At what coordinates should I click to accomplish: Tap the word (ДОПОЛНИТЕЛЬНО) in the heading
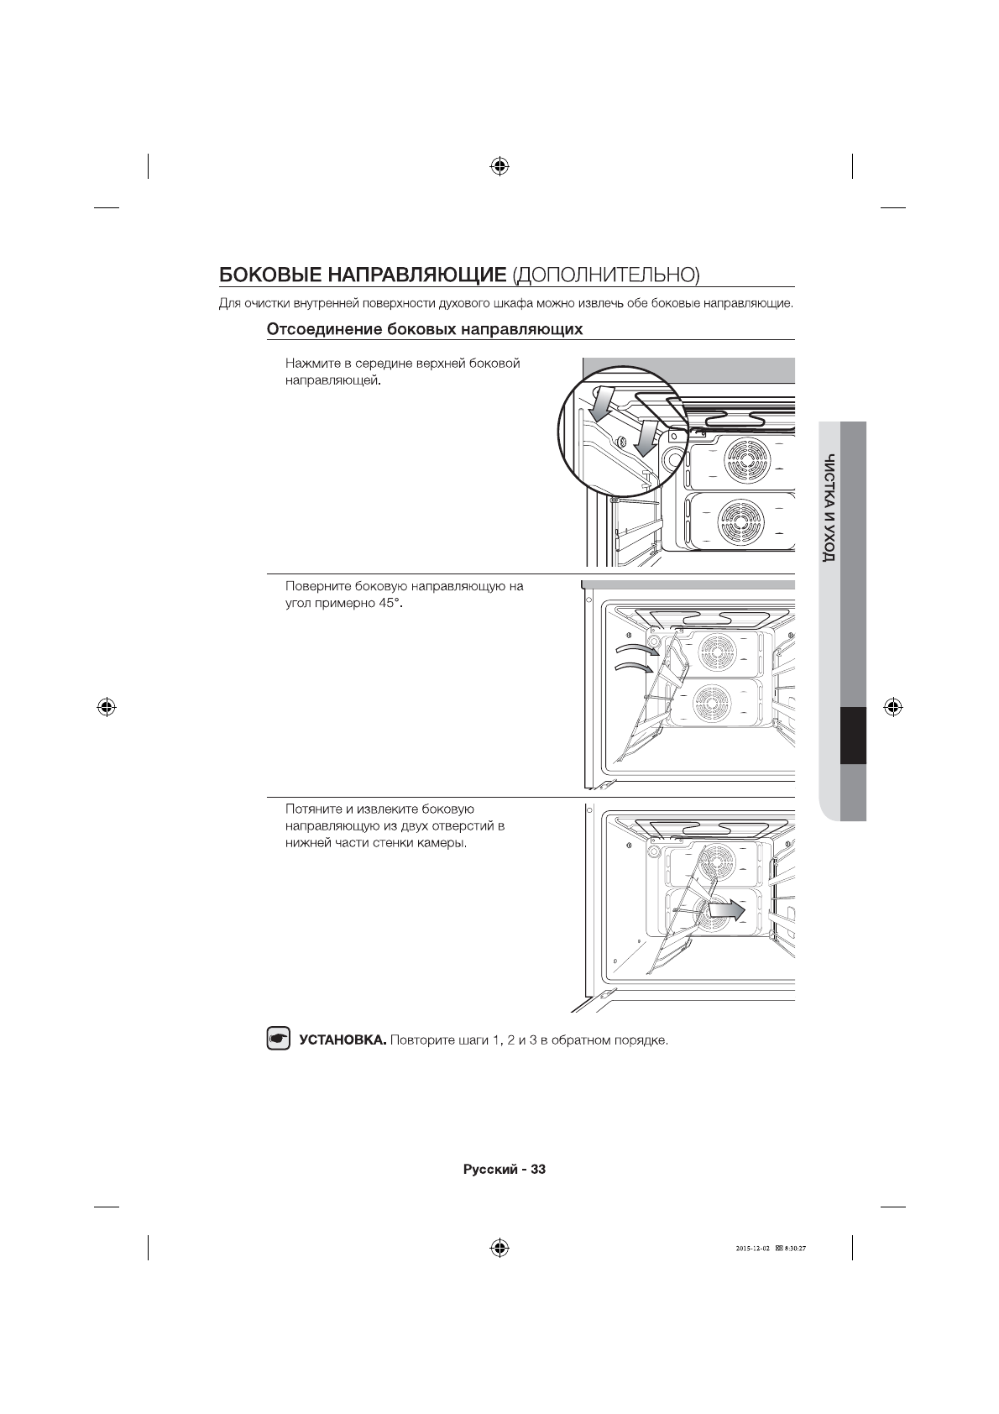(605, 275)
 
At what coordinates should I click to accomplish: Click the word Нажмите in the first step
(308, 364)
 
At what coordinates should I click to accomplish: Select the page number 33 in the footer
(538, 1169)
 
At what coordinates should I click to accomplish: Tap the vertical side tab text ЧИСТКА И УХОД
(829, 508)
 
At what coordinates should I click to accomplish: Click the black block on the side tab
(853, 736)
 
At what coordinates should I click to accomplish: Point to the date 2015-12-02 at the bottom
(752, 1248)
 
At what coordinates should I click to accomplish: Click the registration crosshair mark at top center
(499, 165)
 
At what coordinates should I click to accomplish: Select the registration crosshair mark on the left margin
(106, 706)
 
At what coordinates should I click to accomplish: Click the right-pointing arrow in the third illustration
(725, 909)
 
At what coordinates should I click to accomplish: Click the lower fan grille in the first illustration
(740, 523)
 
